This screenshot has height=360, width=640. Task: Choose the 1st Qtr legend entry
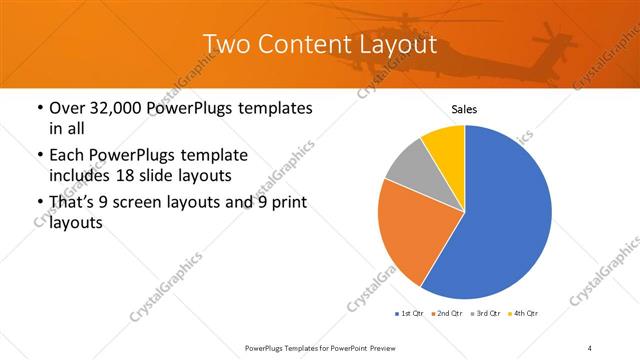point(409,314)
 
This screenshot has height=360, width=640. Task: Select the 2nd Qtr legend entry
point(448,314)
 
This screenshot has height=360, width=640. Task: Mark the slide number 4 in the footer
point(590,347)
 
